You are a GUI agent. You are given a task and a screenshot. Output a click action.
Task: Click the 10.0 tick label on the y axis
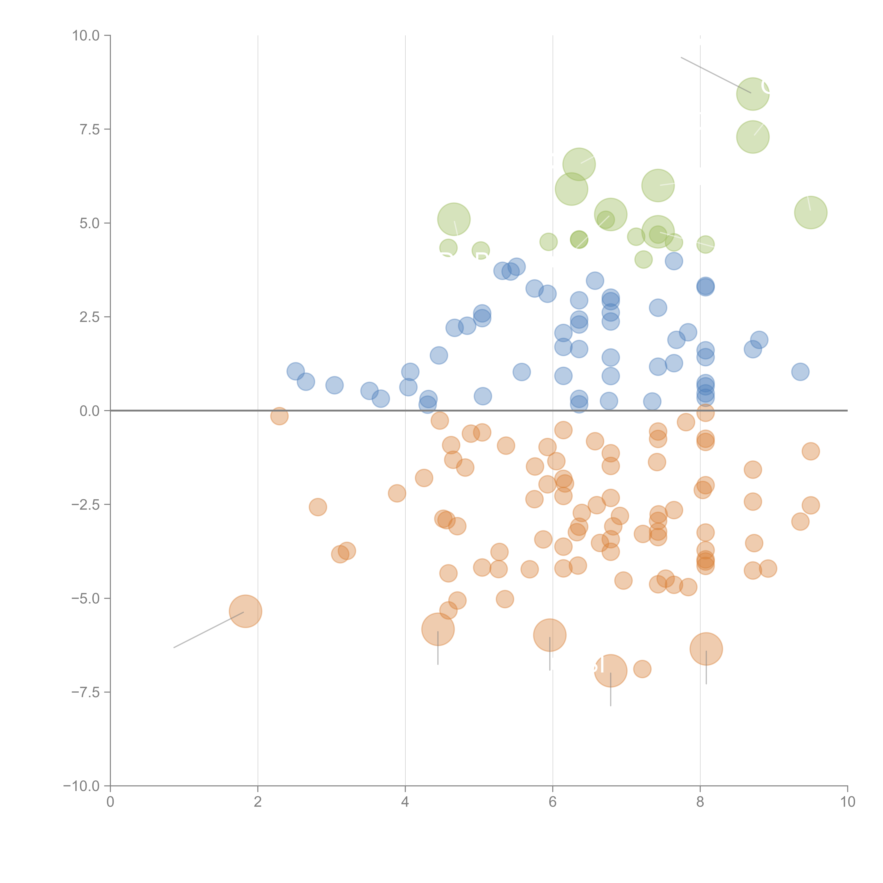click(x=86, y=36)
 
